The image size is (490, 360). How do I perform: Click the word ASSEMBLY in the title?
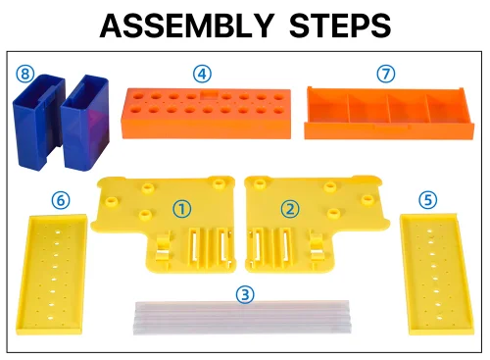(186, 26)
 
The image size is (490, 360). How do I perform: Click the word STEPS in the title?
(340, 26)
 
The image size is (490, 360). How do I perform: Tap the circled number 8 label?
(25, 74)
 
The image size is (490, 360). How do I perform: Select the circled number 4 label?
(202, 74)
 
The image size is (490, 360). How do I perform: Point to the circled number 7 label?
(386, 74)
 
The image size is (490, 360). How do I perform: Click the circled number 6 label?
(61, 200)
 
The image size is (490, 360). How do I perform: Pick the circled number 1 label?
(182, 209)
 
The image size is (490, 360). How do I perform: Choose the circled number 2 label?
(290, 209)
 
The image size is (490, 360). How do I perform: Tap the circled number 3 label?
(245, 294)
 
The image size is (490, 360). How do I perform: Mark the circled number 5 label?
(428, 200)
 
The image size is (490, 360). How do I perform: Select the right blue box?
(85, 124)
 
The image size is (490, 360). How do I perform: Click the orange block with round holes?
(206, 114)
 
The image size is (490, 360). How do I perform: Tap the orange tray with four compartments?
(389, 113)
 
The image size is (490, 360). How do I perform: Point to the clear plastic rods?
(242, 317)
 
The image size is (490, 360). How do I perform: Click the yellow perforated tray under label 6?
(52, 275)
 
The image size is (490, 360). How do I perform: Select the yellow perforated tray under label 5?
(437, 274)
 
